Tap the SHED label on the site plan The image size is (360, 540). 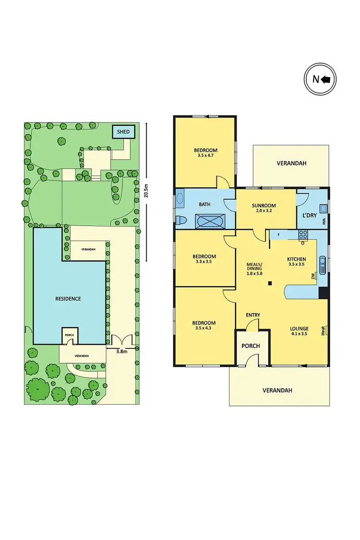124,132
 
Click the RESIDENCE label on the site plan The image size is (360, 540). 68,299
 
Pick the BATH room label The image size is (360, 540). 205,204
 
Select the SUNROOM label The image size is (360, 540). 264,206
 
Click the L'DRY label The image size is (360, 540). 309,215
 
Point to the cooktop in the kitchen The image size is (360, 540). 303,235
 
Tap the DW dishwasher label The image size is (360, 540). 313,276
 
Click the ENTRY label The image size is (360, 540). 253,315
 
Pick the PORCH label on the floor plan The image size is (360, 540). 251,346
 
